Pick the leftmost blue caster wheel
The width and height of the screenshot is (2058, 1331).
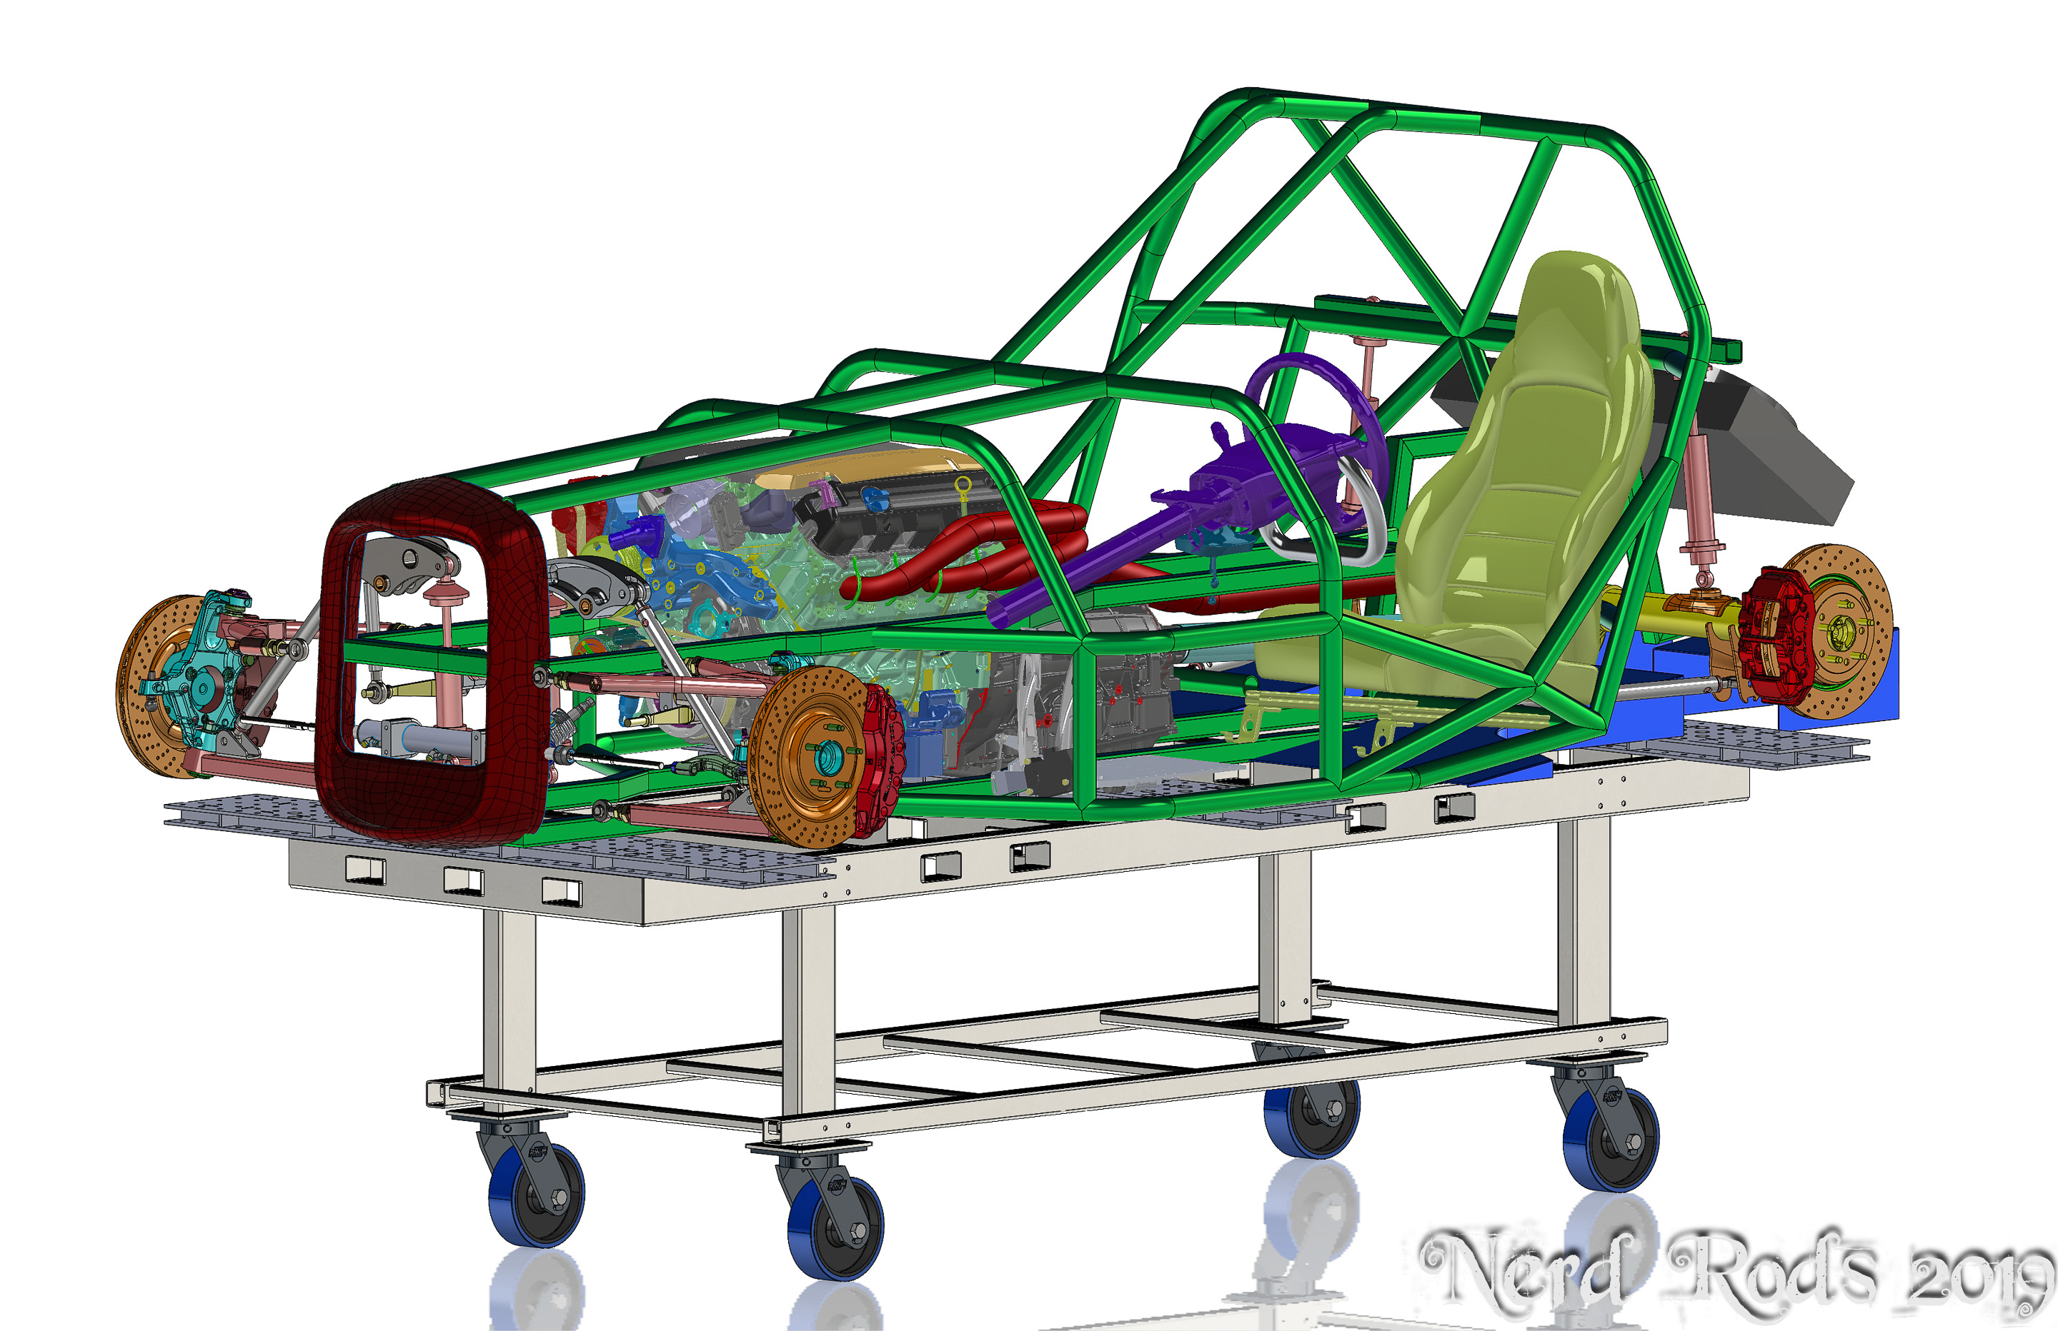(536, 1196)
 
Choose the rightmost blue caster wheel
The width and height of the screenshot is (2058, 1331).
(1610, 1141)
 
